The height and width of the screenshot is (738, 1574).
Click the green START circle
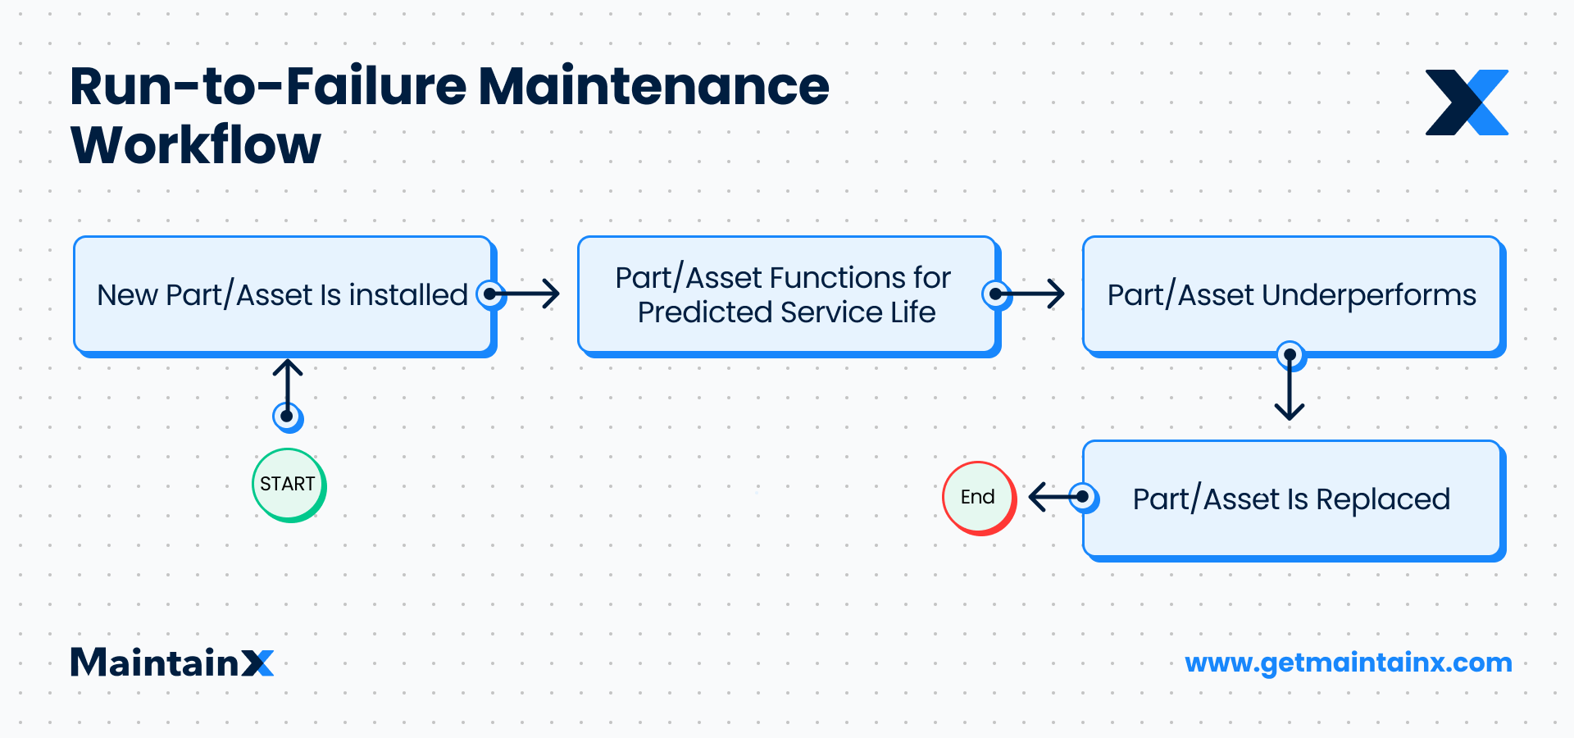click(x=288, y=485)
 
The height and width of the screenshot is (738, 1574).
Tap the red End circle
click(x=978, y=498)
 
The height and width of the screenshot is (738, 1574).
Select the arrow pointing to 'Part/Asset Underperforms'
click(x=1031, y=294)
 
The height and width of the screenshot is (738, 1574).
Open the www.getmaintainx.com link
click(x=1348, y=663)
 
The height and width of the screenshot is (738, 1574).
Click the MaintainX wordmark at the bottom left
click(x=171, y=663)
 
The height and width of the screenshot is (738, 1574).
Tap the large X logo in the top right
click(x=1467, y=102)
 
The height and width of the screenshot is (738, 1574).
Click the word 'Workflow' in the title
click(x=196, y=146)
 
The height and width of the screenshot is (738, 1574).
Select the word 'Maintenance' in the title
click(x=653, y=87)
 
